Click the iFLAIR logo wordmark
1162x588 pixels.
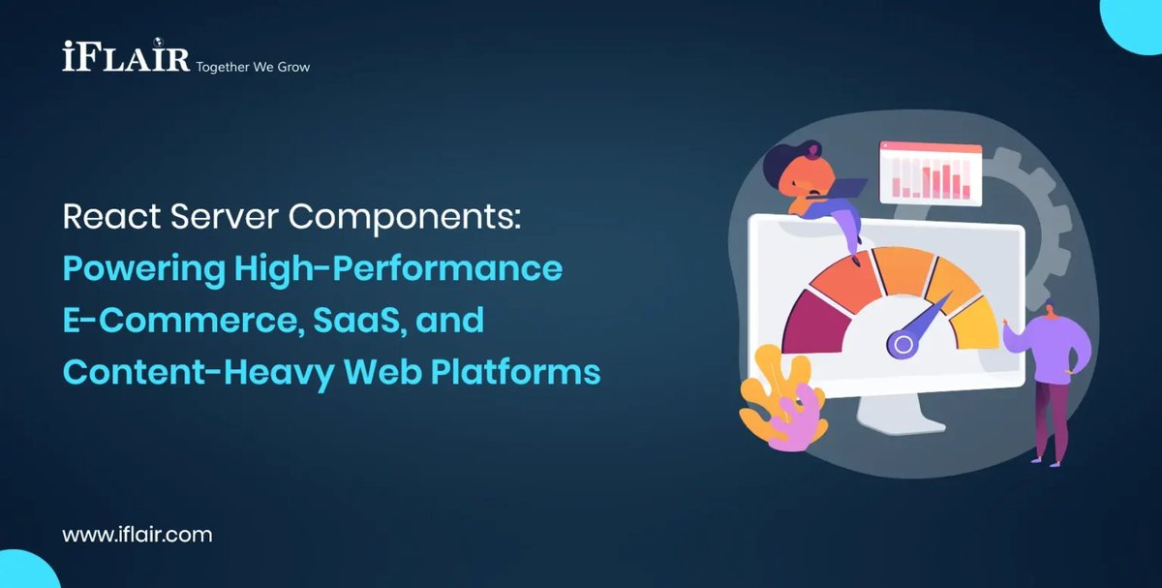tap(126, 57)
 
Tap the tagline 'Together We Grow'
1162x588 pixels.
tap(253, 67)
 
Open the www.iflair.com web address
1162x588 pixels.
tap(138, 534)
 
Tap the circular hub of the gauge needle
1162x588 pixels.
tap(903, 343)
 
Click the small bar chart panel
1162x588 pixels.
tap(931, 174)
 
